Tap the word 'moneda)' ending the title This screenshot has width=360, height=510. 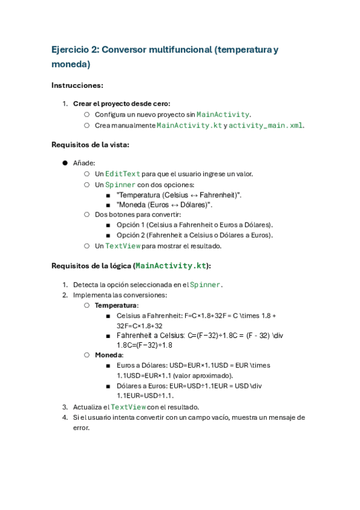point(71,64)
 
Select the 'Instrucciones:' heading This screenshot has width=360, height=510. point(78,85)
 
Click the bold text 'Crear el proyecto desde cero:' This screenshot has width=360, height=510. point(121,103)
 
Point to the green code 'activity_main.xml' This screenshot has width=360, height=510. point(266,125)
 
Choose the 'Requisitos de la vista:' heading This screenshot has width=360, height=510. point(90,144)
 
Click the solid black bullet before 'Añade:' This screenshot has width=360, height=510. point(64,163)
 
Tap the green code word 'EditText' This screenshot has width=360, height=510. point(123,174)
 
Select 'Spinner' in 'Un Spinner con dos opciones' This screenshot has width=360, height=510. point(120,185)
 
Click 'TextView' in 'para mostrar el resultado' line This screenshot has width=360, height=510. point(123,246)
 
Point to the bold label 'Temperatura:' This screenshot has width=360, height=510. point(117,305)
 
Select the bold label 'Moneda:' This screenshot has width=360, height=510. point(109,355)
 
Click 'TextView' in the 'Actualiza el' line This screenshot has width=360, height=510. point(129,407)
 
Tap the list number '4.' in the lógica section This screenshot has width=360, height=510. point(66,417)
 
